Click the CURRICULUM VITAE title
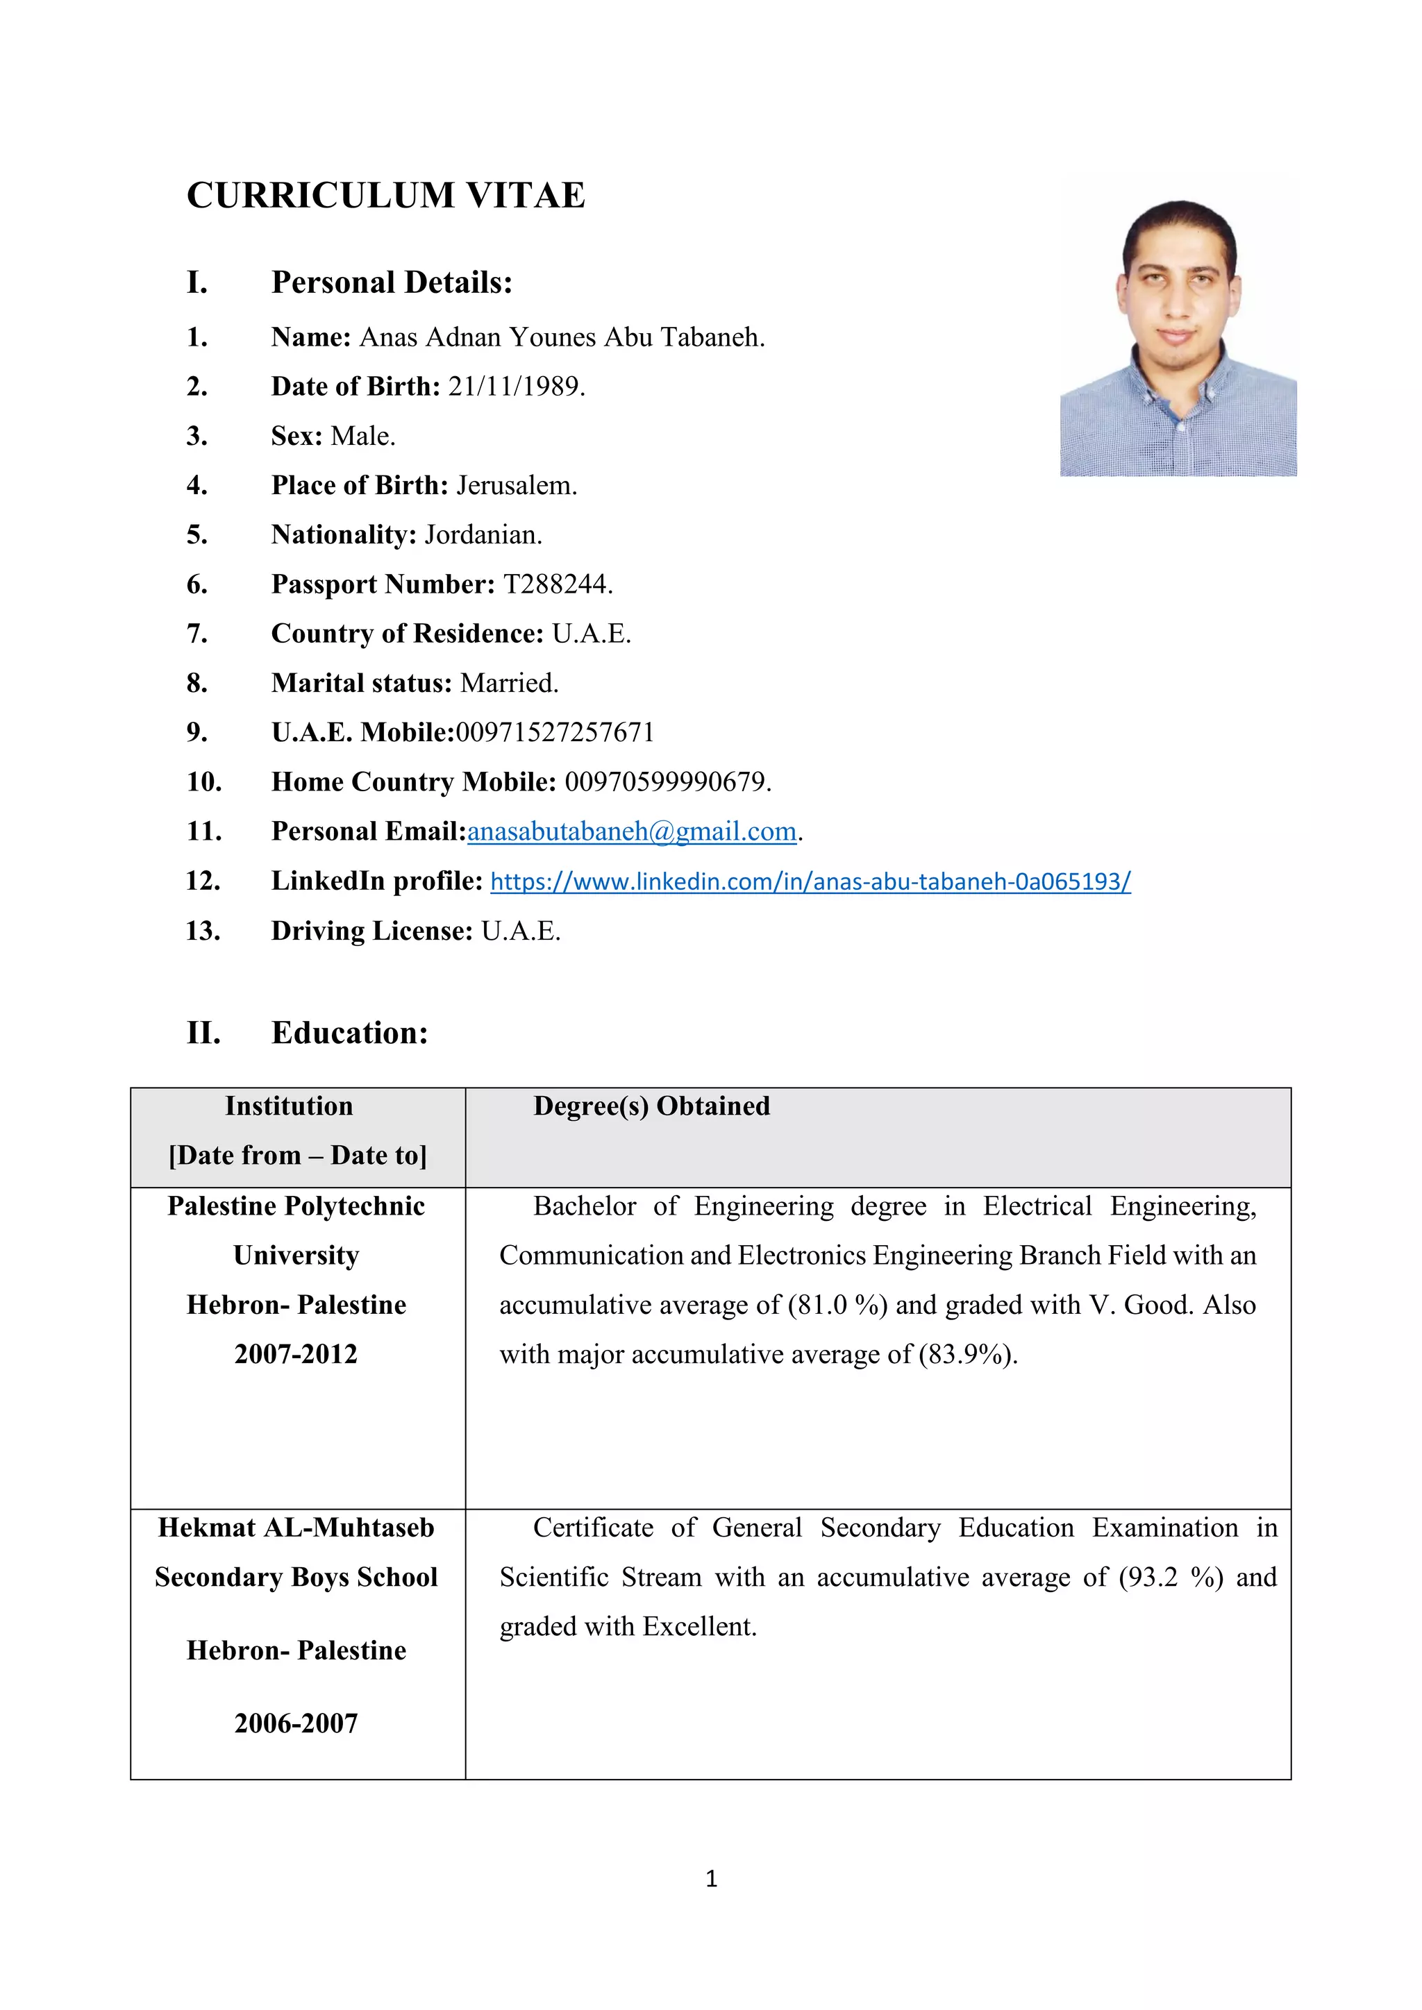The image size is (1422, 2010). (x=385, y=195)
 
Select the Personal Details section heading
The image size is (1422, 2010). (x=392, y=282)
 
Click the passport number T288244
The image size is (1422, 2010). (x=557, y=584)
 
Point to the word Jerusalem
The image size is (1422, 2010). (x=516, y=485)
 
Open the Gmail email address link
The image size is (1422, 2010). (x=631, y=831)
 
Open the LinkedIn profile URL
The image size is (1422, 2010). (x=810, y=881)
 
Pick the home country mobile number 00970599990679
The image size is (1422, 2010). (x=667, y=782)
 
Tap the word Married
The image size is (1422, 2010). (x=509, y=683)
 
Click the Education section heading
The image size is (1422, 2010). (x=349, y=1032)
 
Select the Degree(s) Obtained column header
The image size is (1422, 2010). (x=651, y=1106)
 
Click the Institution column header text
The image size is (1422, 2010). (x=289, y=1106)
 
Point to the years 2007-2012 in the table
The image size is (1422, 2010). (x=296, y=1353)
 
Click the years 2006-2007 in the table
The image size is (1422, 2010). (x=296, y=1723)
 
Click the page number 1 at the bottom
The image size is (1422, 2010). (x=711, y=1878)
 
